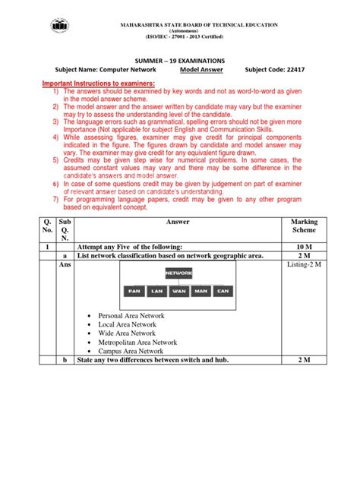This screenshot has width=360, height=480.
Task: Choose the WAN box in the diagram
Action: coord(179,291)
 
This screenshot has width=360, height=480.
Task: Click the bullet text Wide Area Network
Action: coord(127,333)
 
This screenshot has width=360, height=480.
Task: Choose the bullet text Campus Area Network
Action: coord(131,352)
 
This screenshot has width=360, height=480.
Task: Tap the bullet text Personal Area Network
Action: coord(133,315)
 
